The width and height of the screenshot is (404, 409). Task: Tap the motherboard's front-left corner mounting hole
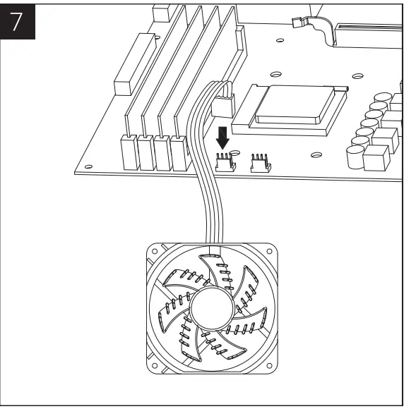coord(87,167)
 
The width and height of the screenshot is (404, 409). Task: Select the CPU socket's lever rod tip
coord(346,88)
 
